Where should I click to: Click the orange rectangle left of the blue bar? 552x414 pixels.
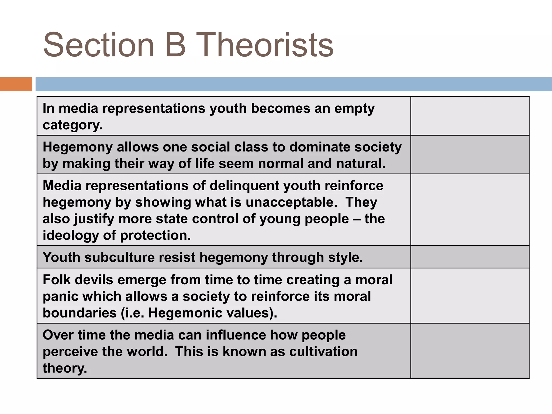pyautogui.click(x=16, y=84)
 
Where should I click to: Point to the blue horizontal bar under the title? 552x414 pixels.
pyautogui.click(x=294, y=84)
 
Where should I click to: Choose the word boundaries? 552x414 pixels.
pyautogui.click(x=80, y=313)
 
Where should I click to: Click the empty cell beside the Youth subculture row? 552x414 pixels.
pyautogui.click(x=470, y=257)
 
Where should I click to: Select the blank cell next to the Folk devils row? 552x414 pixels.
pyautogui.click(x=470, y=296)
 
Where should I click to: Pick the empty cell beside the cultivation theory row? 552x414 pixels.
pyautogui.click(x=470, y=351)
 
